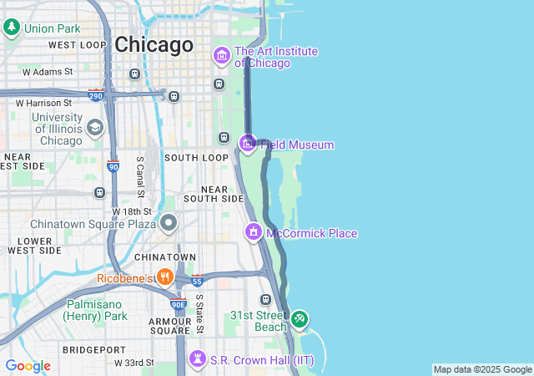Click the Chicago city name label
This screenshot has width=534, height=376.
tap(154, 44)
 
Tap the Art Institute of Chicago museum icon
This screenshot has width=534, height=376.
tap(222, 57)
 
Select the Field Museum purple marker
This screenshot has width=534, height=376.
tap(248, 144)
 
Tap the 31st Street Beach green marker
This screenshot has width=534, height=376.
tap(300, 318)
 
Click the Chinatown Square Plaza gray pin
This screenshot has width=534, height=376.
tap(169, 223)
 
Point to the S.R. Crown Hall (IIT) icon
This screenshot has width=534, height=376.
tap(198, 359)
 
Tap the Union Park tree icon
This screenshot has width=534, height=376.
tap(12, 28)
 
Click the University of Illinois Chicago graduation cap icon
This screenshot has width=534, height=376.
tap(95, 128)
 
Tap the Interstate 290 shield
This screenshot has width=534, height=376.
tap(96, 95)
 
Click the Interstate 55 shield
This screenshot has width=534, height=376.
tap(197, 280)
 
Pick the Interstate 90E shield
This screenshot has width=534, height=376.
tap(179, 304)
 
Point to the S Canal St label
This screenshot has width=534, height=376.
tap(140, 177)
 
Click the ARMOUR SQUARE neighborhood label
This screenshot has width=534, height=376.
tap(170, 326)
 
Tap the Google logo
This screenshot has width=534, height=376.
tap(28, 366)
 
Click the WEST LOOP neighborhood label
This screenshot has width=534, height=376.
tap(78, 44)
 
